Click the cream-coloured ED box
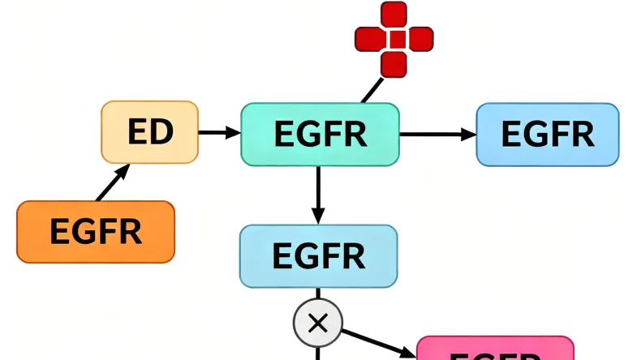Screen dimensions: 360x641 click(x=149, y=132)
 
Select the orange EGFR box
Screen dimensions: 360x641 click(x=96, y=232)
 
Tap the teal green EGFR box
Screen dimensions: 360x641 click(x=320, y=134)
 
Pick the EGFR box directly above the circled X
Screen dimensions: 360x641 click(x=318, y=256)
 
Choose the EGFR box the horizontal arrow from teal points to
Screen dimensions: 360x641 click(x=547, y=134)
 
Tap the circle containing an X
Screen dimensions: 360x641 click(x=317, y=324)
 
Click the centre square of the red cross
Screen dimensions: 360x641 click(x=394, y=39)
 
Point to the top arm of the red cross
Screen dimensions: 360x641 click(x=394, y=14)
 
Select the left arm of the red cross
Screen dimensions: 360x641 click(x=369, y=39)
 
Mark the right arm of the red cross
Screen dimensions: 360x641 click(x=419, y=39)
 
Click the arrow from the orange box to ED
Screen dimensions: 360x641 click(x=114, y=182)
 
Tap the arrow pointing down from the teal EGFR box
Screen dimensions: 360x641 click(x=318, y=195)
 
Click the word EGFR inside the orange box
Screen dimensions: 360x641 click(x=96, y=232)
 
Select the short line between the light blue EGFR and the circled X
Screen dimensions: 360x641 click(x=317, y=294)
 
